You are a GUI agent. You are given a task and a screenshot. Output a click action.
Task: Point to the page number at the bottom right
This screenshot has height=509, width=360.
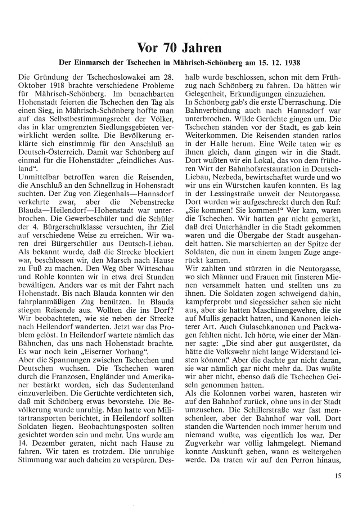[x=337, y=476]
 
